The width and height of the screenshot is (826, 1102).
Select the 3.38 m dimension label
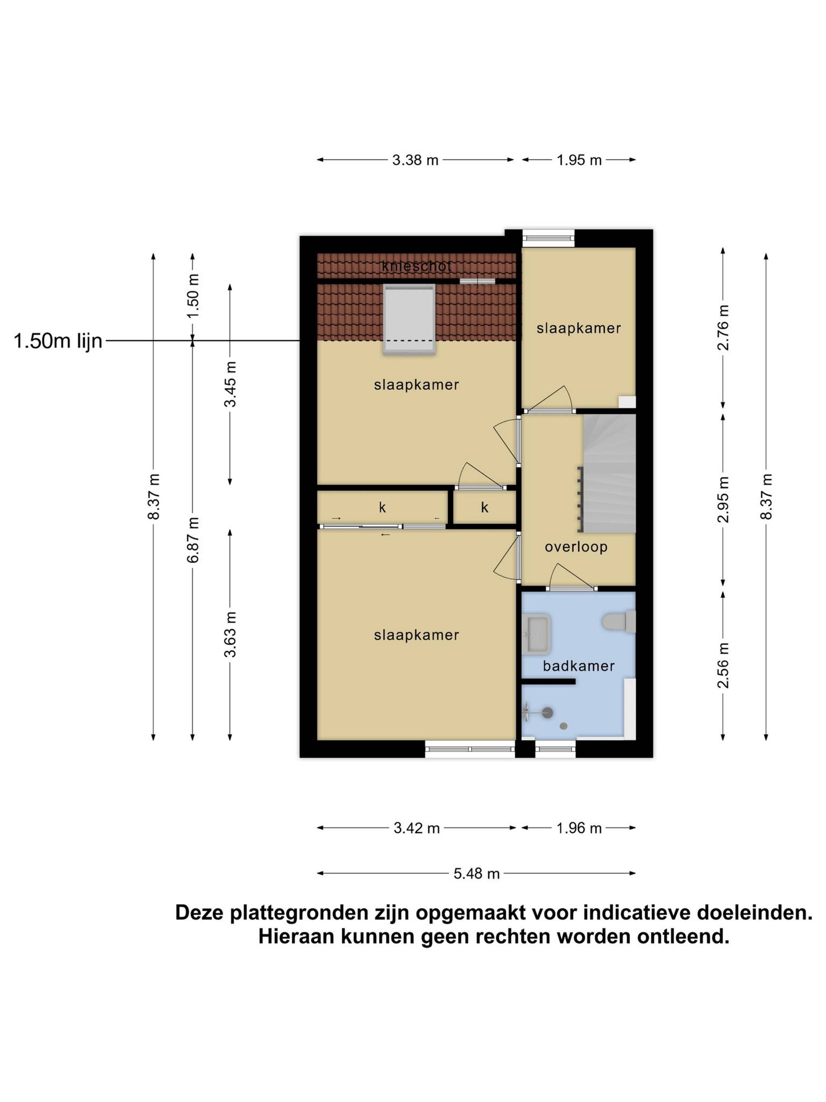[x=415, y=160]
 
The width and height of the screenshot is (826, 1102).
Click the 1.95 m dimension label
[x=579, y=160]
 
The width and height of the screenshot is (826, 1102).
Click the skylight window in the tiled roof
[x=409, y=319]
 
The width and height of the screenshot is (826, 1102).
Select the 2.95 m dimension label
[x=723, y=499]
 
